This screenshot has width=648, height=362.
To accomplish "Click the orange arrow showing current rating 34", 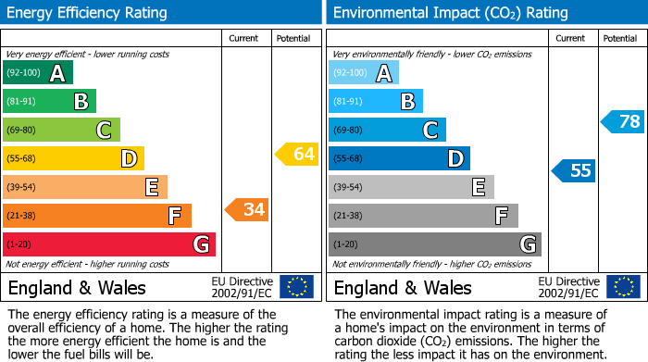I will [x=246, y=210].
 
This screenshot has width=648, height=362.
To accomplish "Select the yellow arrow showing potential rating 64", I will [x=296, y=155].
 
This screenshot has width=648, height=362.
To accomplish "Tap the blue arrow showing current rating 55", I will [x=573, y=170].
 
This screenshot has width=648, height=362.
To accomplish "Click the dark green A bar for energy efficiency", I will [x=37, y=73].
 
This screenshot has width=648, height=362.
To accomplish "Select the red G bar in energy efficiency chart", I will [x=108, y=244].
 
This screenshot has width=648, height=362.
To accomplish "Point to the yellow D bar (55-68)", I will [x=73, y=158].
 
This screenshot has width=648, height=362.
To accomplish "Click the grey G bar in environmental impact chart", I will [x=434, y=244].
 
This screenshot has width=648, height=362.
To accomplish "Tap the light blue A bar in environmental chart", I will [x=364, y=73].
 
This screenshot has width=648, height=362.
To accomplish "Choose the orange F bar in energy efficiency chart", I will [x=96, y=216].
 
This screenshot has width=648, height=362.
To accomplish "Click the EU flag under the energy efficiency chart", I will [x=296, y=287].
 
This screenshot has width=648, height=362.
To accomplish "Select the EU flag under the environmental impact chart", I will [x=622, y=287].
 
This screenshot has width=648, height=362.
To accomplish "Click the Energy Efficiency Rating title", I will [x=88, y=13].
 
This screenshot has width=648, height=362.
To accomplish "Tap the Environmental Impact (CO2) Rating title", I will [x=450, y=13].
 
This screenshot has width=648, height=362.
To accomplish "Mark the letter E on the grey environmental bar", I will [x=478, y=187].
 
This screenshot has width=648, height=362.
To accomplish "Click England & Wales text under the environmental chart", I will [x=403, y=287].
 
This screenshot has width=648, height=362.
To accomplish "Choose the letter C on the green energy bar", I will [x=105, y=131].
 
